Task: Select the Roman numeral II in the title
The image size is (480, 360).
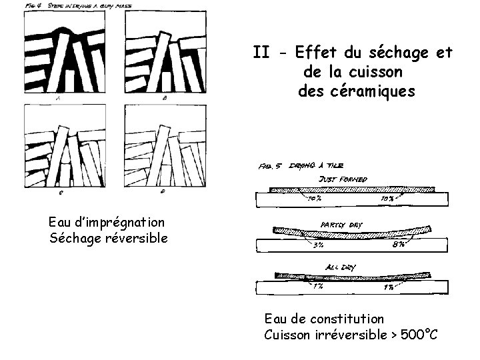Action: [x=261, y=52]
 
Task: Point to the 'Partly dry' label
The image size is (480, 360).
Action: [x=343, y=225]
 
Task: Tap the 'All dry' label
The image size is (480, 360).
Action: [x=340, y=267]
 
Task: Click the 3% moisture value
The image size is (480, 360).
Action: [x=319, y=245]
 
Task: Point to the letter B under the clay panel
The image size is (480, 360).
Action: [x=165, y=98]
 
